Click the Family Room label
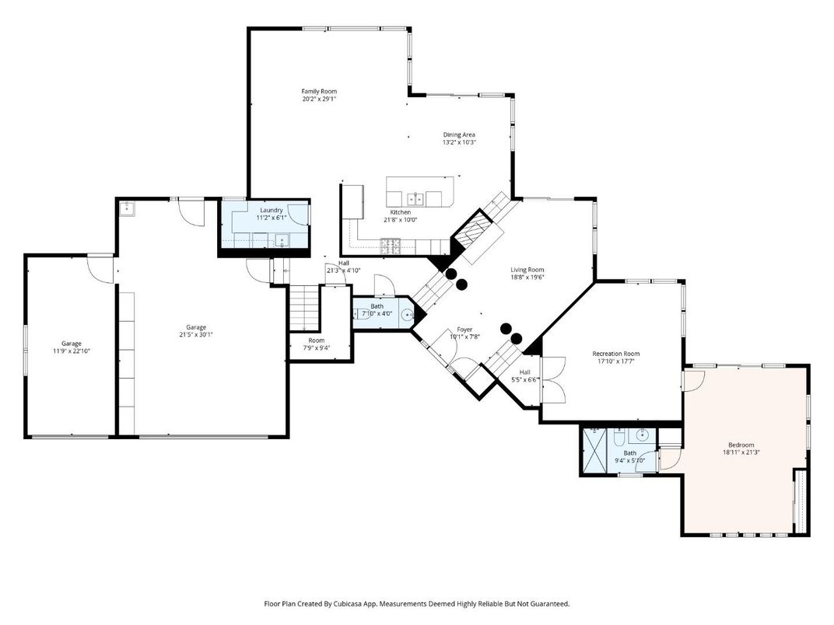coord(319,91)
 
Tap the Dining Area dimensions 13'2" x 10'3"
coord(459,143)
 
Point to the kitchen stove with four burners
coord(390,246)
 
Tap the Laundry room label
coord(271,210)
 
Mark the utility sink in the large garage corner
coord(127,208)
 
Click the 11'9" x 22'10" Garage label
coord(72,344)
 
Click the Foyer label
coord(464,330)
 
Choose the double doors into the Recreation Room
coord(552,380)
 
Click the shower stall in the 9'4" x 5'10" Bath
coord(595,449)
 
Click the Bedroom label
coord(738,445)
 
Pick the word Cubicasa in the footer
coord(349,603)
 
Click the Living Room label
coord(527,269)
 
